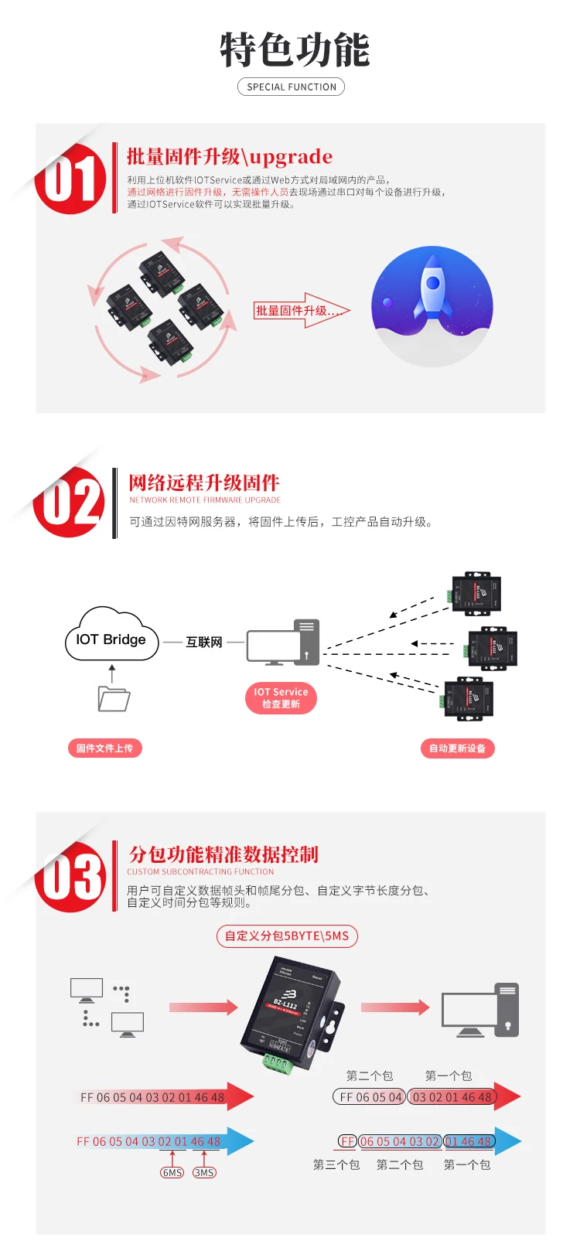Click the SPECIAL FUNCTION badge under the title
click(291, 87)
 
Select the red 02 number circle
click(70, 503)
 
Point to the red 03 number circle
click(71, 877)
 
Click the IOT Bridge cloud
click(111, 639)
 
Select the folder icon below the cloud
click(114, 698)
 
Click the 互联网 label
click(204, 642)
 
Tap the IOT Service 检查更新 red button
click(281, 697)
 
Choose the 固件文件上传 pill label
click(104, 748)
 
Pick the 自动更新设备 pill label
click(457, 748)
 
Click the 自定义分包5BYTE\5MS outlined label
click(287, 936)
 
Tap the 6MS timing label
click(172, 1173)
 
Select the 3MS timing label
click(204, 1173)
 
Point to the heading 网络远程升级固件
click(204, 483)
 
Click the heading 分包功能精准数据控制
click(223, 854)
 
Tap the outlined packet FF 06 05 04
click(370, 1096)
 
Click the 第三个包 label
click(336, 1164)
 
